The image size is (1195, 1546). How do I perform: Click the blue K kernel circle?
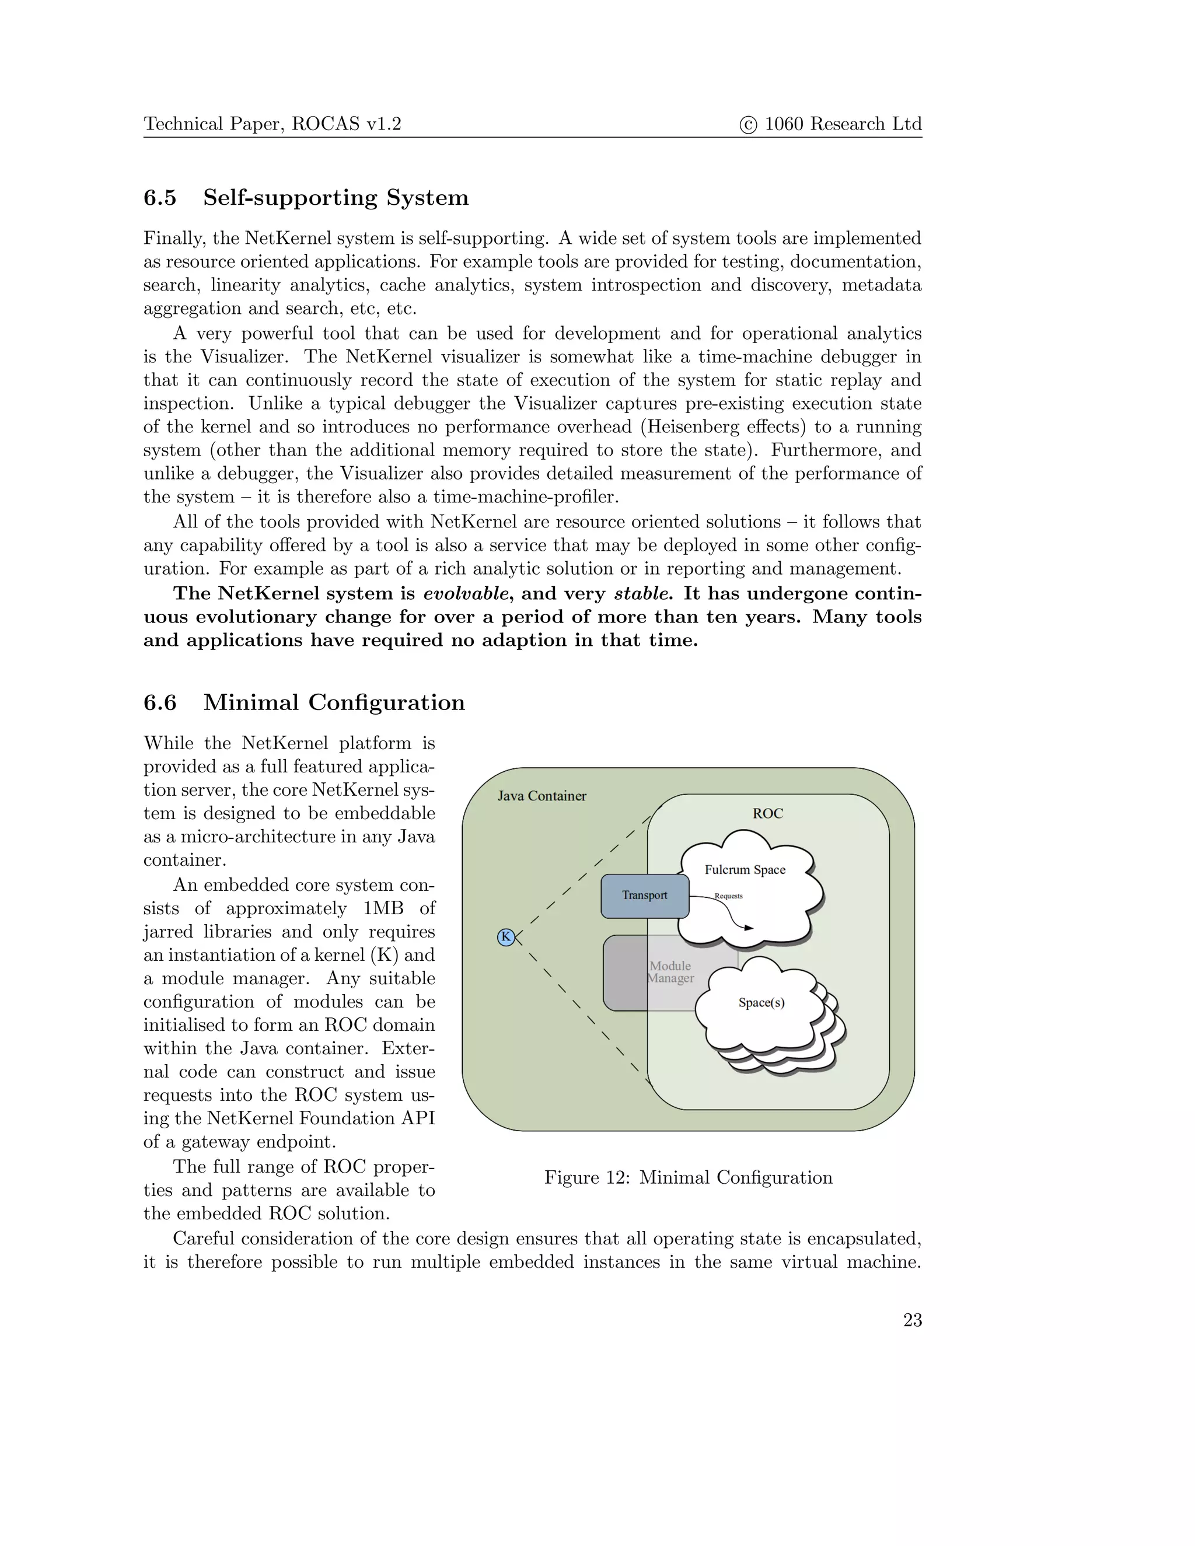[505, 938]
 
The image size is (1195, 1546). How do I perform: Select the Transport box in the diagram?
[644, 896]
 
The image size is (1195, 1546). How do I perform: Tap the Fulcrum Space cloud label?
[745, 870]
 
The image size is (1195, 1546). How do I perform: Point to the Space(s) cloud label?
[761, 1002]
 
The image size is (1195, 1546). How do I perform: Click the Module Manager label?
[670, 972]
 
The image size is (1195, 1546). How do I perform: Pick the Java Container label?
[541, 796]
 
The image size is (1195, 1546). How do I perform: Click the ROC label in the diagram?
[767, 813]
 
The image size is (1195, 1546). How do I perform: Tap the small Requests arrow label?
[728, 896]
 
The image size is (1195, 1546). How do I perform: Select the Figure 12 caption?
[688, 1177]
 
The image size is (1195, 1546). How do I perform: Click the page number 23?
[912, 1320]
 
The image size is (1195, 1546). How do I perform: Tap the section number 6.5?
[160, 198]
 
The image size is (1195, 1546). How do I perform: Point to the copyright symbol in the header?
[747, 125]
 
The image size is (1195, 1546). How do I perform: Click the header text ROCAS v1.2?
[346, 124]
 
